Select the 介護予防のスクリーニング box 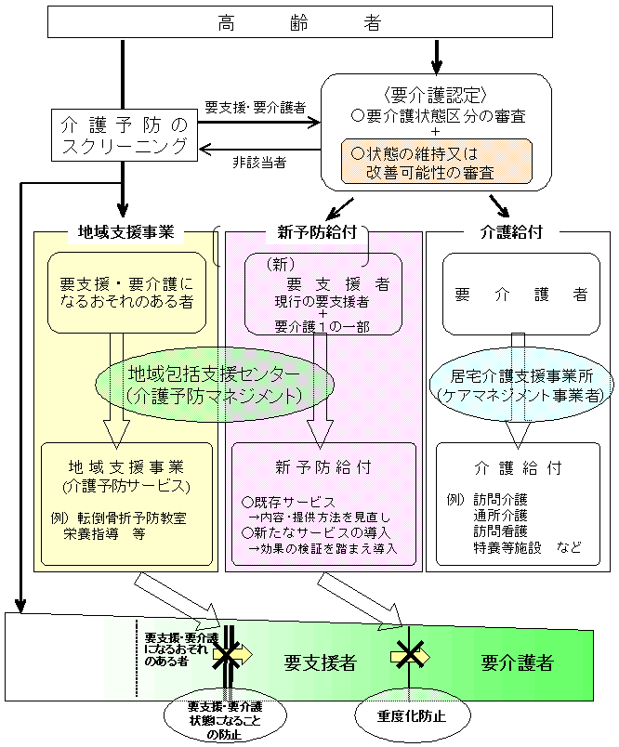124,136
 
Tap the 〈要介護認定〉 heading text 435,96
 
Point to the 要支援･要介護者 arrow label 255,108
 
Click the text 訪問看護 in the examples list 501,531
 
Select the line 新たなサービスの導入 316,532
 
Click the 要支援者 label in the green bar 320,662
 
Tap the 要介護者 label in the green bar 517,662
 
